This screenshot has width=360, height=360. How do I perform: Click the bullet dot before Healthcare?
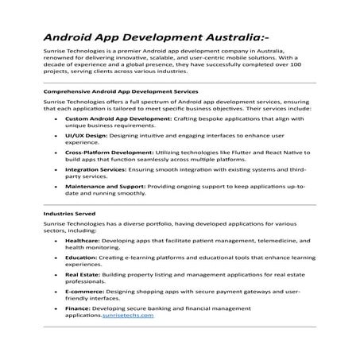click(56, 239)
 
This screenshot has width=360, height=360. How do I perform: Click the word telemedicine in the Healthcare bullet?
click(257, 239)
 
